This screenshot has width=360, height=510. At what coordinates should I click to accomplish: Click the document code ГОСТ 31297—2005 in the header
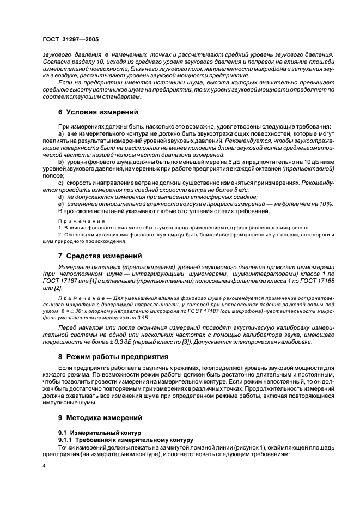(71, 40)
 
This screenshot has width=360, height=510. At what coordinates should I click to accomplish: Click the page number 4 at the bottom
(44, 466)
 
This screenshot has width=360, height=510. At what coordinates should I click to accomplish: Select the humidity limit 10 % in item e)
(326, 203)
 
